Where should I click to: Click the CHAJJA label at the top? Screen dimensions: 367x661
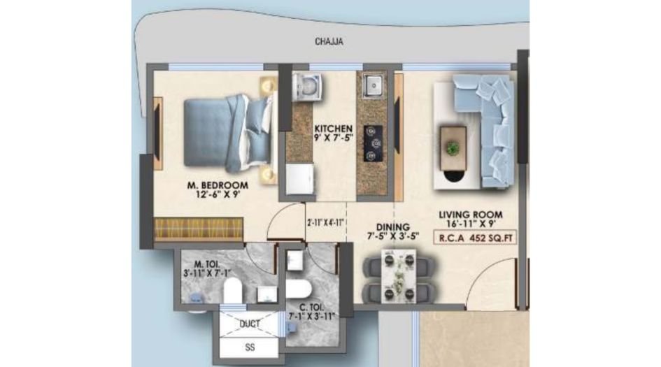coord(327,42)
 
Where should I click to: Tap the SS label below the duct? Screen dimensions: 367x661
coord(250,347)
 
